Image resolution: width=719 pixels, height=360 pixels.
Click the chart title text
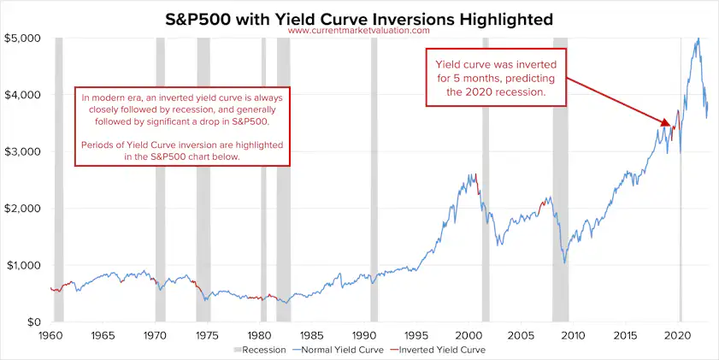click(359, 17)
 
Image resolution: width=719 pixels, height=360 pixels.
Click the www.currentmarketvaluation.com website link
click(359, 31)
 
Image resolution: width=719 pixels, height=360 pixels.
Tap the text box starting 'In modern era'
click(183, 126)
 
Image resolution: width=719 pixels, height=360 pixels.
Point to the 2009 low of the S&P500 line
click(563, 261)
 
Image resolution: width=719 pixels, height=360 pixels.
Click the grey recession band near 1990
click(374, 180)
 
